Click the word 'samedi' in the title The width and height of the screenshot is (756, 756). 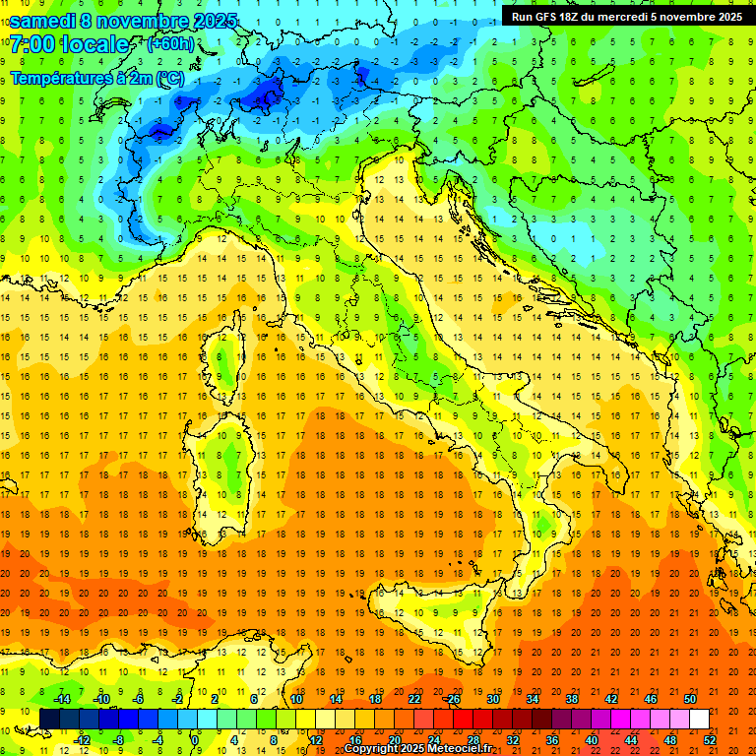[x=47, y=21]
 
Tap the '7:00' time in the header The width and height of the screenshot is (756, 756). [x=31, y=45]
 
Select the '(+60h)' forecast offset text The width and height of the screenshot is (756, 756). [x=170, y=44]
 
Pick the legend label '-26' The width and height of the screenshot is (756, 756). [x=452, y=699]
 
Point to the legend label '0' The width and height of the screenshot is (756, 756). [x=195, y=739]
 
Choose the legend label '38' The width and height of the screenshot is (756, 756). [x=571, y=699]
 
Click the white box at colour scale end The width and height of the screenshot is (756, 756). [x=699, y=719]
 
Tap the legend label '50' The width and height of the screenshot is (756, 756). [x=690, y=699]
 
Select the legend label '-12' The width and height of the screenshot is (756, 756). [x=82, y=739]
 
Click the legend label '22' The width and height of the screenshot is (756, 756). [x=413, y=699]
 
